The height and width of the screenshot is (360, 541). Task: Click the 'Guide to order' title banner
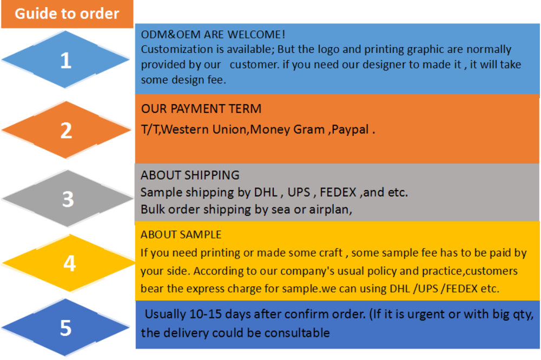pyautogui.click(x=67, y=14)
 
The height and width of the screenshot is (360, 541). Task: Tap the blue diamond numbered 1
pyautogui.click(x=65, y=60)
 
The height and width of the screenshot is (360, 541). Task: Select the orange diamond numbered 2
pyautogui.click(x=66, y=130)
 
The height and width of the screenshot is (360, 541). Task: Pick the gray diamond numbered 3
pyautogui.click(x=68, y=199)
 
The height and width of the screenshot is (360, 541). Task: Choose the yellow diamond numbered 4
pyautogui.click(x=69, y=263)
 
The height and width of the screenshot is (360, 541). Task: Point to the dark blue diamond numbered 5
pyautogui.click(x=65, y=327)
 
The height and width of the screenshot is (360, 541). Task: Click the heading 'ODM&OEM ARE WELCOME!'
pyautogui.click(x=213, y=35)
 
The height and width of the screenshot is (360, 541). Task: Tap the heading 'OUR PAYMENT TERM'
pyautogui.click(x=201, y=109)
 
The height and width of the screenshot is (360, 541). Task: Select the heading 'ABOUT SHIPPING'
pyautogui.click(x=190, y=175)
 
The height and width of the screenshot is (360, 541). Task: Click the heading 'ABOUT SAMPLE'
pyautogui.click(x=181, y=235)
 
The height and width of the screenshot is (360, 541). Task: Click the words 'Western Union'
pyautogui.click(x=204, y=129)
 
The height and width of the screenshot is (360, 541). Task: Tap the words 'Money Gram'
pyautogui.click(x=287, y=129)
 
